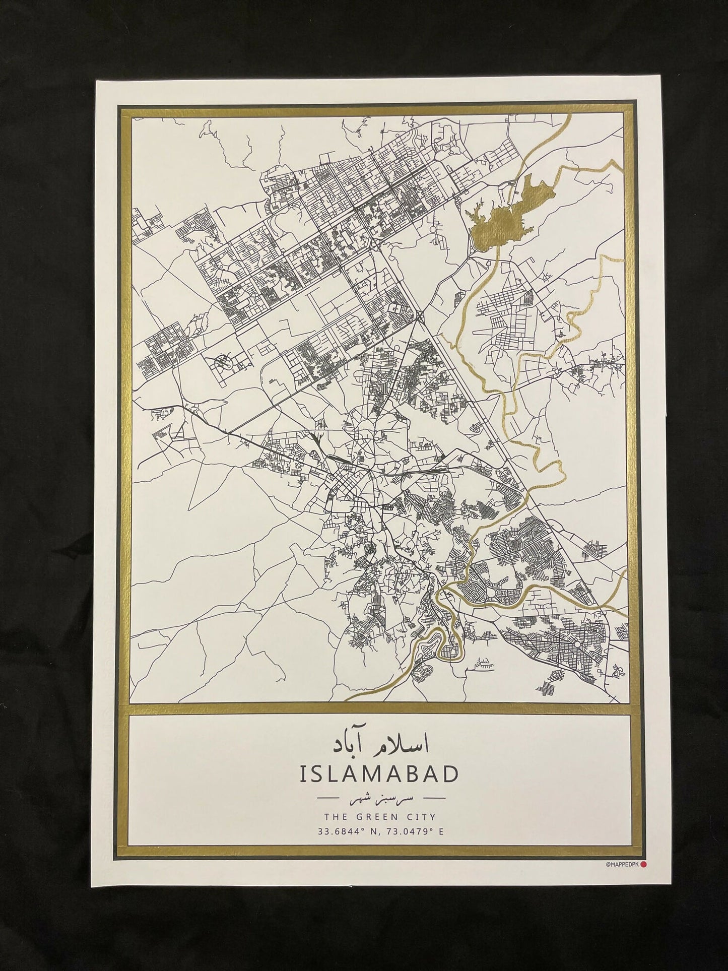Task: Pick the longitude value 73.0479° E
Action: point(415,493)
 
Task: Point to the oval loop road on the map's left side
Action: point(222,361)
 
